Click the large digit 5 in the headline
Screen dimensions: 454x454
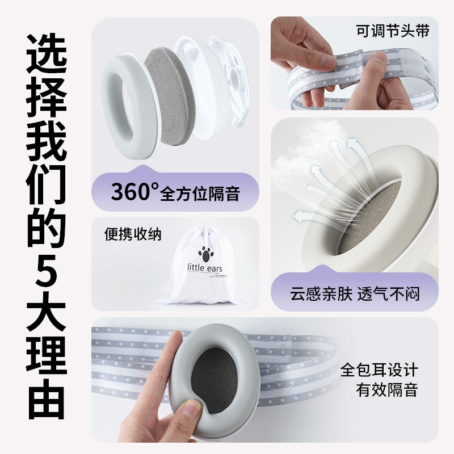coord(47,277)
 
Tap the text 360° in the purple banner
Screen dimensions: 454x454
coord(134,192)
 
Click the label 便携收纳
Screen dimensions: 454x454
coord(133,234)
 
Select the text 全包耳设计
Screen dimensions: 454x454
coord(379,371)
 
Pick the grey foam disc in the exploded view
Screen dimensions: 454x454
coord(166,94)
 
